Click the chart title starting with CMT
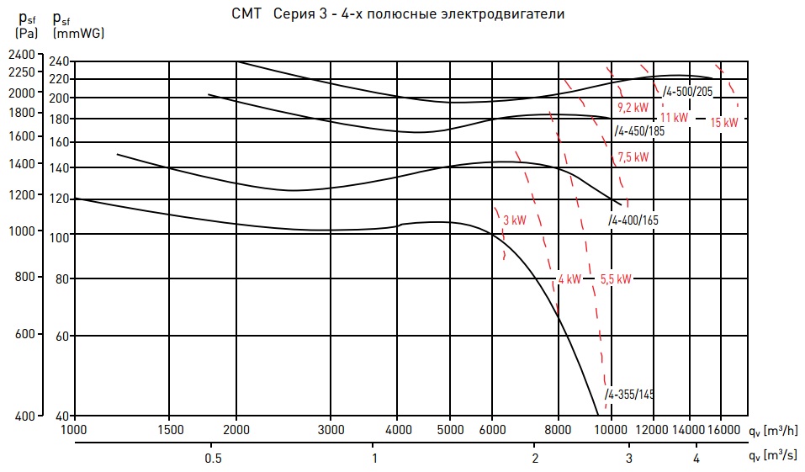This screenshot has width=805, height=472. point(398,13)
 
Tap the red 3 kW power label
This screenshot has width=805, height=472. point(515,220)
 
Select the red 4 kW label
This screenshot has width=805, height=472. point(569,278)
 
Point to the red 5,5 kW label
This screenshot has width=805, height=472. point(616,278)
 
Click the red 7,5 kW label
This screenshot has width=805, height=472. point(633,157)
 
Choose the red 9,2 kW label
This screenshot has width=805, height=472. point(633,108)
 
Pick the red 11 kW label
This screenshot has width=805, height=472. point(674,118)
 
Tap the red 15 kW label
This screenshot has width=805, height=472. point(724,122)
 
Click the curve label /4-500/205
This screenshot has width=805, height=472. point(687,92)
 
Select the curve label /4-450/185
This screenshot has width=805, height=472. point(639,131)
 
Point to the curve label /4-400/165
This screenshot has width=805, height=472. point(633,220)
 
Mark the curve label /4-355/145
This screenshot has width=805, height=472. point(629,395)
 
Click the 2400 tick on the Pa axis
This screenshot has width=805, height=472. point(22,54)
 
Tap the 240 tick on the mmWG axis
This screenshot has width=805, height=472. point(59,61)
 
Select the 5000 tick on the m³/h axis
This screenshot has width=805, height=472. point(450,429)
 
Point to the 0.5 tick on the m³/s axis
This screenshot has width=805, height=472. point(213,458)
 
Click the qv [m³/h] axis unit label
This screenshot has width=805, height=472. point(773,431)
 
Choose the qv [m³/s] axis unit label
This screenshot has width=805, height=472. point(773,455)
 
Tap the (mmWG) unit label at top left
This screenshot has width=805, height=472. point(78,34)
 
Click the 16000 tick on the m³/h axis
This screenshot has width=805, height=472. point(723,429)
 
